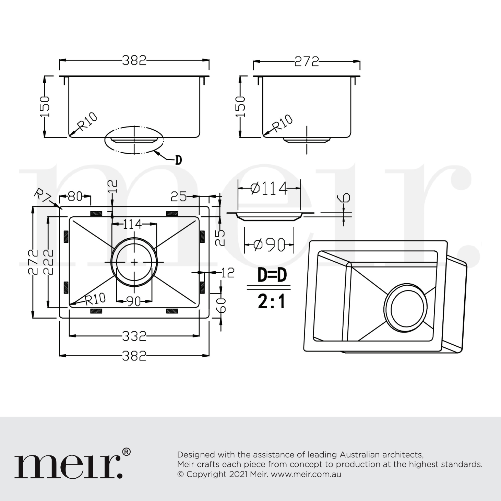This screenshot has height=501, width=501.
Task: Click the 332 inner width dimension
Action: click(134, 336)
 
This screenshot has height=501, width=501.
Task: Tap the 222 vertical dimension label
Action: click(48, 262)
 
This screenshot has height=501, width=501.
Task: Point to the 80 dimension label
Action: click(75, 196)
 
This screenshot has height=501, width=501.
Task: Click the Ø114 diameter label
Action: click(269, 188)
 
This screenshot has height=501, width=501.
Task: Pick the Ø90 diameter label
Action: click(269, 245)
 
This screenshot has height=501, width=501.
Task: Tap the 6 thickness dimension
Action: click(344, 198)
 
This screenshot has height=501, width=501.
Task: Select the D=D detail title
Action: click(272, 275)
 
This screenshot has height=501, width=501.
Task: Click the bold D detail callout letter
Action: click(178, 160)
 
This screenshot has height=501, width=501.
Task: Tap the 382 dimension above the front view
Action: click(134, 61)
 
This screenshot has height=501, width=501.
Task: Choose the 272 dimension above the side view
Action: click(307, 62)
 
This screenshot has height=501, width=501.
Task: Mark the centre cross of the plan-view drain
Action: click(134, 262)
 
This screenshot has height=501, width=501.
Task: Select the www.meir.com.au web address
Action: click(306, 474)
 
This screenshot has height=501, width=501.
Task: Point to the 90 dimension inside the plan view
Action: click(134, 301)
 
